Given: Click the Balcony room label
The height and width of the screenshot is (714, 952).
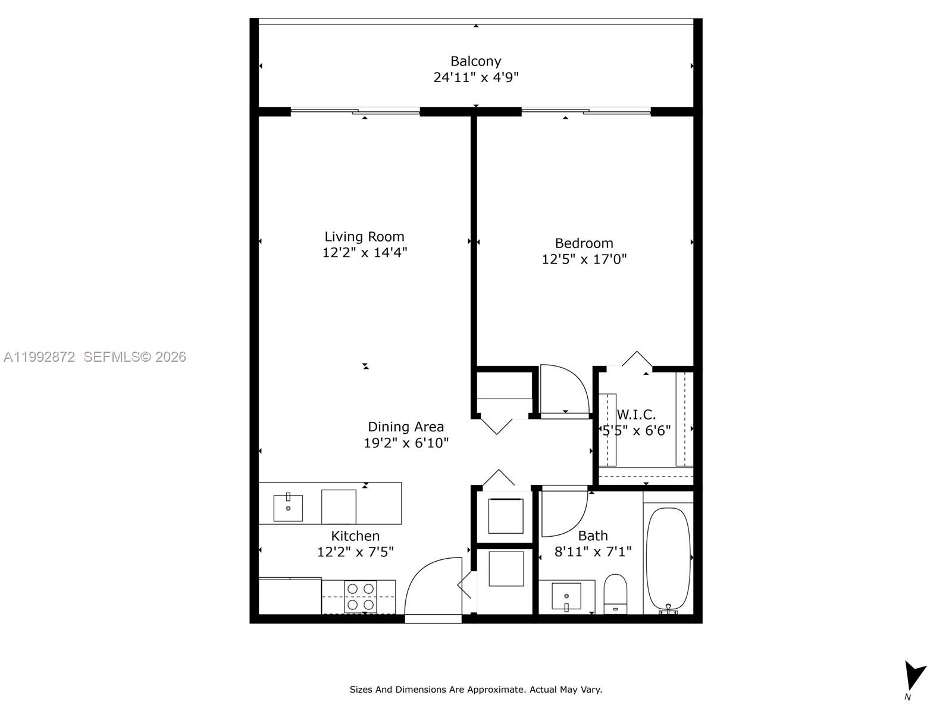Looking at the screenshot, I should coord(475,61).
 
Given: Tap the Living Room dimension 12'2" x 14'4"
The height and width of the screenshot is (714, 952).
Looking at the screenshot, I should coord(364,253).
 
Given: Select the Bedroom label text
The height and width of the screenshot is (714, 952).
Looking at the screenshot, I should coord(584,243).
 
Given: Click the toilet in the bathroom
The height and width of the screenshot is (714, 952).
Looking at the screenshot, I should coord(615,592).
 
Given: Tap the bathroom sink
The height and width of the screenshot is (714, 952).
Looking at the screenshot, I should coord(566,596).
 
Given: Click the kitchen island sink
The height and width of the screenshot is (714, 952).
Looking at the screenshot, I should coord(288,508).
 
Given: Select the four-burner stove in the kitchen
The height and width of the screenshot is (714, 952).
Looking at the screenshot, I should coord(361,597).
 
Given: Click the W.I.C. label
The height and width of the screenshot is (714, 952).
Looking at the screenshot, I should coord(636,415).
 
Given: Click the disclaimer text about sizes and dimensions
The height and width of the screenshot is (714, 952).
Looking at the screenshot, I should coord(475,690).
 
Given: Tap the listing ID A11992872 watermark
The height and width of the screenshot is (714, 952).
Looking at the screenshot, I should coord(39,357).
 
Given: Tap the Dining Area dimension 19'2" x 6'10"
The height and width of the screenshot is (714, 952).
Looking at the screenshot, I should coord(406,443).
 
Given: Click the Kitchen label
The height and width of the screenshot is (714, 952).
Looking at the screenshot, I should coord(355,536).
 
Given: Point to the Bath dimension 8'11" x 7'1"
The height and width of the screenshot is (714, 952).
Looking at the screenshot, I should coord(593,552).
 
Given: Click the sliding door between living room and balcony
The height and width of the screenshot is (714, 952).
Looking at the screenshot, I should coord(356,111).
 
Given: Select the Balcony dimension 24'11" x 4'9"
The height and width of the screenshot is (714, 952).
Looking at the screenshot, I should coord(475,77).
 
